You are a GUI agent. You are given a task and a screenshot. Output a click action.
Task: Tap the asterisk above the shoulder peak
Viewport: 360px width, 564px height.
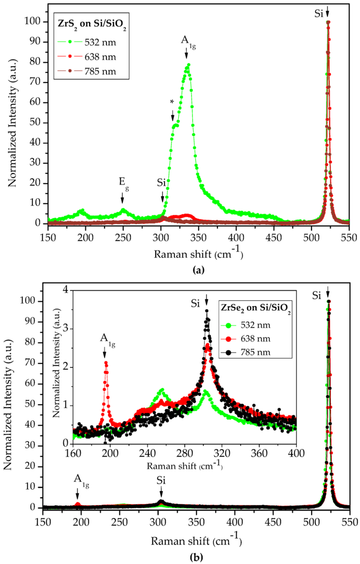[173, 102]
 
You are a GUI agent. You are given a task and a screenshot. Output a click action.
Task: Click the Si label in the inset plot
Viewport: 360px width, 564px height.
[195, 302]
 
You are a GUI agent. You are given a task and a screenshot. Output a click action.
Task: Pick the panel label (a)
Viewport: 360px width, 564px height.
[179, 269]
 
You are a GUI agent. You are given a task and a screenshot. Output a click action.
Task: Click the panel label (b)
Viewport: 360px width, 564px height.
[179, 556]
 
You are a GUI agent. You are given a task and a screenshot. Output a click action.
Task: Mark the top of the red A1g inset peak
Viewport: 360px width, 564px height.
[106, 362]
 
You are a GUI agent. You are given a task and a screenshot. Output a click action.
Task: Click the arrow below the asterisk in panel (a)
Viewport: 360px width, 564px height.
[173, 115]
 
